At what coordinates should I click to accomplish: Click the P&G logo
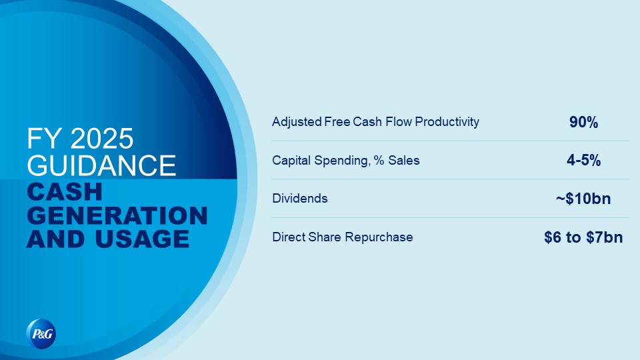point(41,334)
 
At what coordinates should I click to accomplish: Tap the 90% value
point(584,122)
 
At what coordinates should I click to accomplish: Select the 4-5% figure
point(584,161)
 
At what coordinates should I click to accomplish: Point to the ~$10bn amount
point(583,199)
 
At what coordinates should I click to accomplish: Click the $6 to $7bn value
point(583,237)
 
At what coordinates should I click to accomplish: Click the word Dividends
point(300,199)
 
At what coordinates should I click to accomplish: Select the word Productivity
point(447,121)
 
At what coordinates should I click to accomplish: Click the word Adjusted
point(297,121)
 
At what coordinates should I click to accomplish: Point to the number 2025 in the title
point(102,139)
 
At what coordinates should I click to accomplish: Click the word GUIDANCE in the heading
point(101,165)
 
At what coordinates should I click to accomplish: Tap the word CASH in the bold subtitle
point(65,192)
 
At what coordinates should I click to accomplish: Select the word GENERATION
point(117,215)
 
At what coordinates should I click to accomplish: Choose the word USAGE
point(143,239)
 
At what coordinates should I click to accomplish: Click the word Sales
point(404,161)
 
